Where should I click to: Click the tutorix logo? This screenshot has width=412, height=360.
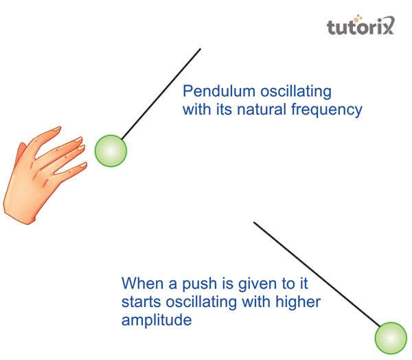(360, 25)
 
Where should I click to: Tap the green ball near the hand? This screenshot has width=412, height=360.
(111, 150)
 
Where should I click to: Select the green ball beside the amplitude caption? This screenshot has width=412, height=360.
(391, 338)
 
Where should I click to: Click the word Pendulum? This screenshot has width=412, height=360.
(219, 91)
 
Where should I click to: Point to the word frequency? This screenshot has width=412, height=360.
(327, 110)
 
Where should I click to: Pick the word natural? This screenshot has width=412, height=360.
(262, 109)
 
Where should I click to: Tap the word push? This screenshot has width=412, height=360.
(199, 284)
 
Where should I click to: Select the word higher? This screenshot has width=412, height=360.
(298, 302)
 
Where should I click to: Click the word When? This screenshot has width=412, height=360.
(143, 283)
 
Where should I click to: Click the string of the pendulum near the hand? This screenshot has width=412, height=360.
(161, 93)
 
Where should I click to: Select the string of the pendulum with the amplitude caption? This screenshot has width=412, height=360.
(317, 275)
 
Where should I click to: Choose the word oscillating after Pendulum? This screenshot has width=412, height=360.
(296, 92)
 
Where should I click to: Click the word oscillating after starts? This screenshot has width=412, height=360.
(201, 302)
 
